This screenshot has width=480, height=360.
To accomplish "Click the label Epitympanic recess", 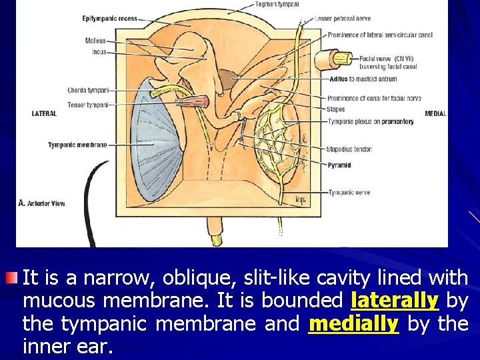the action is click(110, 19).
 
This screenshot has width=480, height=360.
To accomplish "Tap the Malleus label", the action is click(95, 41).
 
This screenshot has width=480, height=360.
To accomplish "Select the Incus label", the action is click(99, 51).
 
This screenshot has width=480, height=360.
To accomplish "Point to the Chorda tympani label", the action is click(88, 90).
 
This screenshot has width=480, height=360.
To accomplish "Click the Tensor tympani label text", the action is click(88, 105).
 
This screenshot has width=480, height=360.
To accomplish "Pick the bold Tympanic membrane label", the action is click(77, 145).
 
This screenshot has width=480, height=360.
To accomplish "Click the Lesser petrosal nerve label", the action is click(343, 19).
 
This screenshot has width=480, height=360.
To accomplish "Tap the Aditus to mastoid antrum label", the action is click(363, 79).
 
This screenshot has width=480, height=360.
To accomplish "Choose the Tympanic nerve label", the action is click(349, 193).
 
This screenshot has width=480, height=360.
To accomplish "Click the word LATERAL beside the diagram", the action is click(44, 114).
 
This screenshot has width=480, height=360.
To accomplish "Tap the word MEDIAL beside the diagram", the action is click(435, 114).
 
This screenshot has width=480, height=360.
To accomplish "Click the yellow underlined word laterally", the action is click(394, 301).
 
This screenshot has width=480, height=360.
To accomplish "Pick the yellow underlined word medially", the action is click(353, 325).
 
